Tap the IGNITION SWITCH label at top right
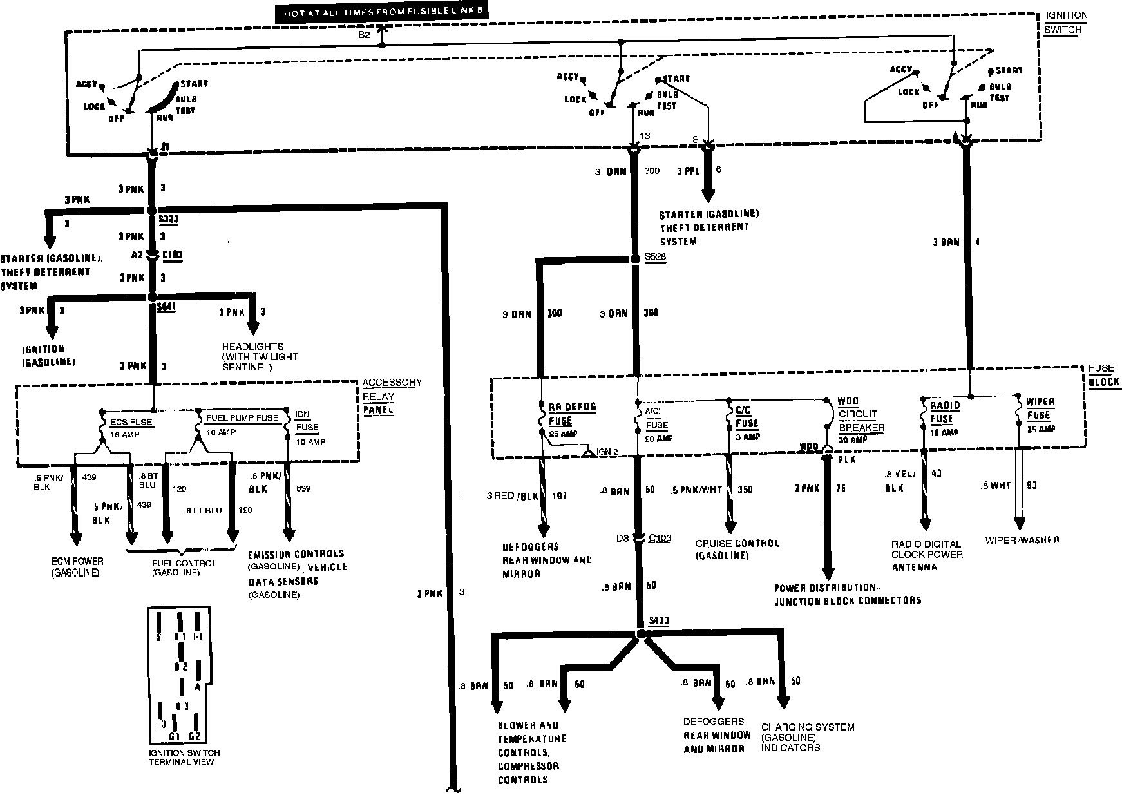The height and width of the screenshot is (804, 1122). tap(1067, 23)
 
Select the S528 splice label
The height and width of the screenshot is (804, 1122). tap(655, 256)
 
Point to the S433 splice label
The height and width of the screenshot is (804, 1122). tap(659, 621)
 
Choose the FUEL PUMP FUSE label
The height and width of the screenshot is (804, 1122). tap(242, 417)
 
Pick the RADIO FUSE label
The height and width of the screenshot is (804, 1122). tap(944, 412)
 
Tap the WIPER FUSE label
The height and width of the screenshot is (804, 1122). tap(1040, 408)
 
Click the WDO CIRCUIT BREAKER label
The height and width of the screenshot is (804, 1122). tap(861, 414)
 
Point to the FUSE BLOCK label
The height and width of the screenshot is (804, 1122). tap(1103, 374)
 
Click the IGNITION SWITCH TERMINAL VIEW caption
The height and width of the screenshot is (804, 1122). tap(184, 757)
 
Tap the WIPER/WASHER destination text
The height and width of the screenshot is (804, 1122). tap(1022, 540)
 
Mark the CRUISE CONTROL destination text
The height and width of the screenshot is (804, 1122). tap(737, 548)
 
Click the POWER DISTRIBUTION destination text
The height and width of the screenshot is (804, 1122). tap(846, 594)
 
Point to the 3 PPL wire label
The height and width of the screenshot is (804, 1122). tap(688, 172)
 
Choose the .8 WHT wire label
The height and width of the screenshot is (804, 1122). tap(996, 486)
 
